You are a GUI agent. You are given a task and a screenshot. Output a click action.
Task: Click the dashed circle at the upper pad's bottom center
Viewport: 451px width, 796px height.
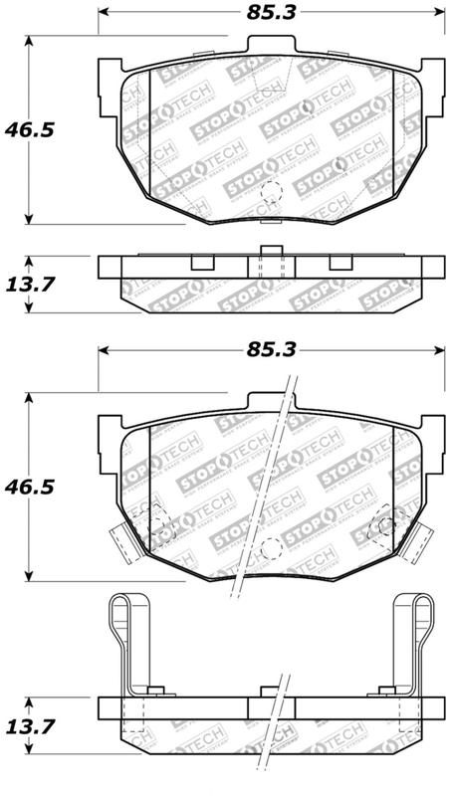tap(270, 195)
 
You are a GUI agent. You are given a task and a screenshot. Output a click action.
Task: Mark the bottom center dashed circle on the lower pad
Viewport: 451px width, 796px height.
tap(269, 550)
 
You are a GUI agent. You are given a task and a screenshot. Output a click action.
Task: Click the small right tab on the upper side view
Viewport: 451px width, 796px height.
tap(339, 264)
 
